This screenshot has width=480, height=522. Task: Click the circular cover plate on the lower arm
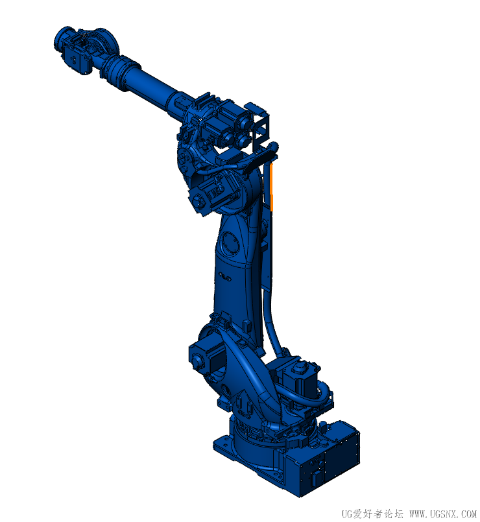click(230, 243)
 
